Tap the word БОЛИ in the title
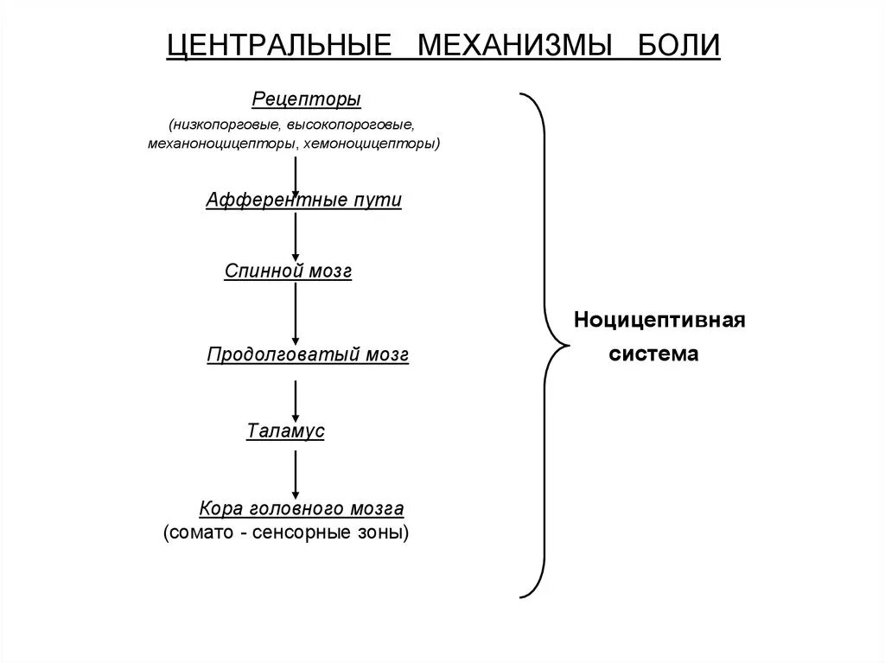pos(679,46)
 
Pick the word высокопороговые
pos(356,124)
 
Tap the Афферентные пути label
pos(304,200)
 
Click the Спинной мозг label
pos(289,271)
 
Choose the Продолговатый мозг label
pos(308,354)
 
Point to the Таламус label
pos(285,430)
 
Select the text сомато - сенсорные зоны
pos(286,532)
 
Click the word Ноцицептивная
pos(660,321)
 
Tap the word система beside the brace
pos(654,354)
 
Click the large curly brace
pos(543,346)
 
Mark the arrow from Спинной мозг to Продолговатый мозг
pos(296,313)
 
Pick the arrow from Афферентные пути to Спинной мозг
pos(296,236)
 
